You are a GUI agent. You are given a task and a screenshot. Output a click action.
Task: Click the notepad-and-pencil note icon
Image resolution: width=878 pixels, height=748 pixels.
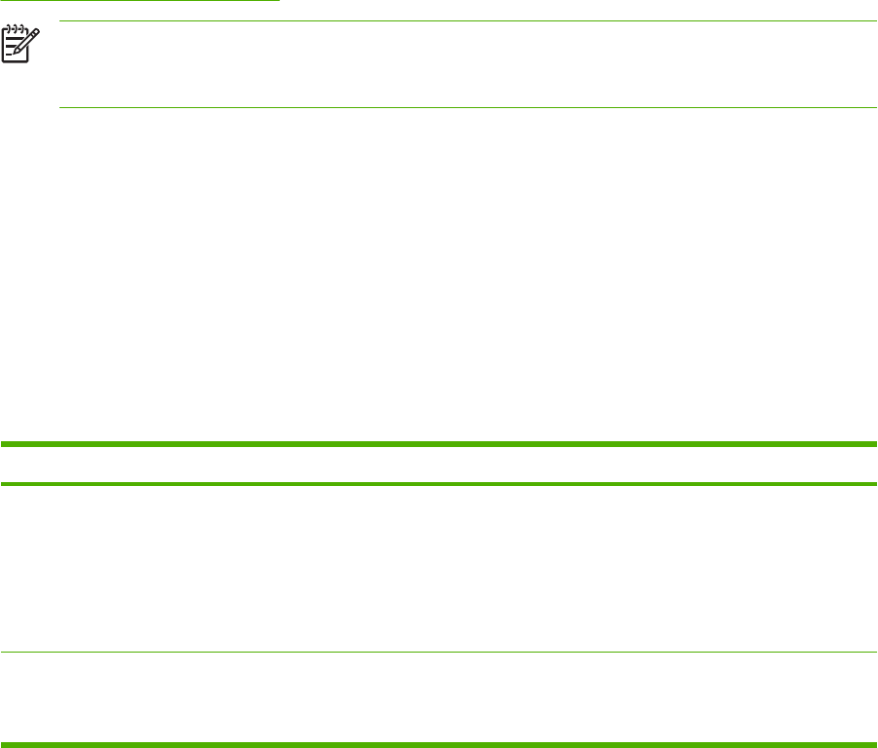coord(19,45)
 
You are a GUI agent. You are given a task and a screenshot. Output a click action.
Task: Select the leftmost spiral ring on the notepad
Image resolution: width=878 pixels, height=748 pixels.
coord(8,29)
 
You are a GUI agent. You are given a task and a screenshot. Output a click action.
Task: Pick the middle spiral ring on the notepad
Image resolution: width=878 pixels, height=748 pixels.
coord(14,29)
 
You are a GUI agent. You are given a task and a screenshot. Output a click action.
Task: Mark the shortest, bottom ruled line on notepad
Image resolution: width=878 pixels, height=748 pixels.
coord(9,55)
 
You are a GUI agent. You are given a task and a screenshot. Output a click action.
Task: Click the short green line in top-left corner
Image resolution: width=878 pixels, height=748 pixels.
coord(139,1)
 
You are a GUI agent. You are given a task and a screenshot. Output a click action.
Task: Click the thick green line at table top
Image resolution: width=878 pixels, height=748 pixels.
coord(439,444)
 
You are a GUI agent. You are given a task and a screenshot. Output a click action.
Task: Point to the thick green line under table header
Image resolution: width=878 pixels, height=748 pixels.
coord(439,484)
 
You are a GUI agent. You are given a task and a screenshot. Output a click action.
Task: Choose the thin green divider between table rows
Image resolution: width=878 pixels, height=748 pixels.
coord(439,652)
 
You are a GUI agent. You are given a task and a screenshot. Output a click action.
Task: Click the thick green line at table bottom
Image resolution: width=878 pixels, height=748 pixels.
coord(439,746)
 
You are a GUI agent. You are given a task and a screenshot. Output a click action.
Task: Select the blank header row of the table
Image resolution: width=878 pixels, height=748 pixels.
coord(439,465)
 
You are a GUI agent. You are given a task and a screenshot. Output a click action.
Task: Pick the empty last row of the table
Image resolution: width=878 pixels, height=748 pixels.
coord(439,698)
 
